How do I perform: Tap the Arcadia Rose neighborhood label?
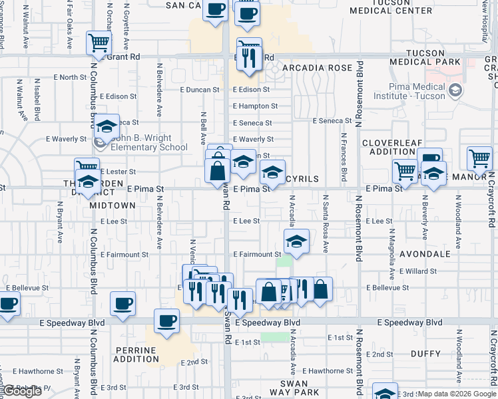coord(316,68)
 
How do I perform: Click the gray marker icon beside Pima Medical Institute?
coord(456,90)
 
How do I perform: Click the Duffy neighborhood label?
coord(425,354)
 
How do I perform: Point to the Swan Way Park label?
coord(293,389)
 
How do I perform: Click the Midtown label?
coord(113,205)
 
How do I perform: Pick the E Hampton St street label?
coord(255,106)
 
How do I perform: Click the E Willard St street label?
coord(418,271)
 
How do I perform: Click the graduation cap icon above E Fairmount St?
coord(297,240)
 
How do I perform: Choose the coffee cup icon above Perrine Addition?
coord(166,321)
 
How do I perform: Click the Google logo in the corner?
coord(21,392)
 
